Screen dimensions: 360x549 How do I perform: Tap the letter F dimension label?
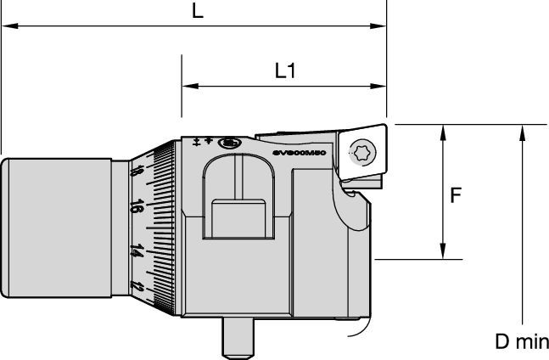pos(456,195)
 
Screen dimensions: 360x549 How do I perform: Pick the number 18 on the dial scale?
pos(137,172)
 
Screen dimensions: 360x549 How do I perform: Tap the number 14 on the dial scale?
pos(135,250)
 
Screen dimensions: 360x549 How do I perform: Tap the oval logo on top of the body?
pos(228,143)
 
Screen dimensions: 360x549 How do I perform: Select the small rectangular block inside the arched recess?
pos(241,219)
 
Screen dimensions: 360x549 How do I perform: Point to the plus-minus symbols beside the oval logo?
pos(203,142)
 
